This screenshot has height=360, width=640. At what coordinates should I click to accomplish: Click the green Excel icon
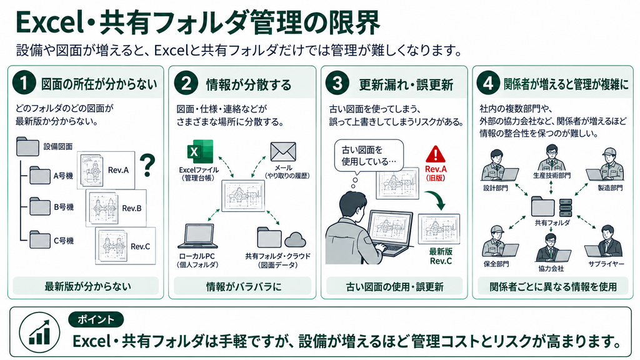(x=200, y=152)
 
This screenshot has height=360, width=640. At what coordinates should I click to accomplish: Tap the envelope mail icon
(x=283, y=152)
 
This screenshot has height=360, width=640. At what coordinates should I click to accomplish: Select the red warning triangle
(x=436, y=155)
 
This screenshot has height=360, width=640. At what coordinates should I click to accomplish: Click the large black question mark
(x=147, y=165)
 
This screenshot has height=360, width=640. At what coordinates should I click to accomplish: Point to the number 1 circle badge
(x=24, y=83)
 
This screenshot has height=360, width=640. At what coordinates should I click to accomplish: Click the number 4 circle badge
(x=488, y=83)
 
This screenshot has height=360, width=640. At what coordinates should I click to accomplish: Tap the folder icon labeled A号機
(x=39, y=175)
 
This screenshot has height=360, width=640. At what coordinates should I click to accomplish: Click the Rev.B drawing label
(x=132, y=208)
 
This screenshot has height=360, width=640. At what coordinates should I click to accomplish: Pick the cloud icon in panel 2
(x=295, y=239)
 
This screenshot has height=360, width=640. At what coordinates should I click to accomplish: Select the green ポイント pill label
(x=96, y=319)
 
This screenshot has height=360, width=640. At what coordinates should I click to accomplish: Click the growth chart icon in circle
(x=39, y=332)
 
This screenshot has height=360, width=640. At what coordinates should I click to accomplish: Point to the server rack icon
(x=565, y=207)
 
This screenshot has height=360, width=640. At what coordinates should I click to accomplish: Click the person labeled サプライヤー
(x=606, y=242)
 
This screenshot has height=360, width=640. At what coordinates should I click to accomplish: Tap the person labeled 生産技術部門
(x=551, y=157)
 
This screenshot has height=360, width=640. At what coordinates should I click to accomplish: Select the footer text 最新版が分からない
(x=87, y=286)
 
